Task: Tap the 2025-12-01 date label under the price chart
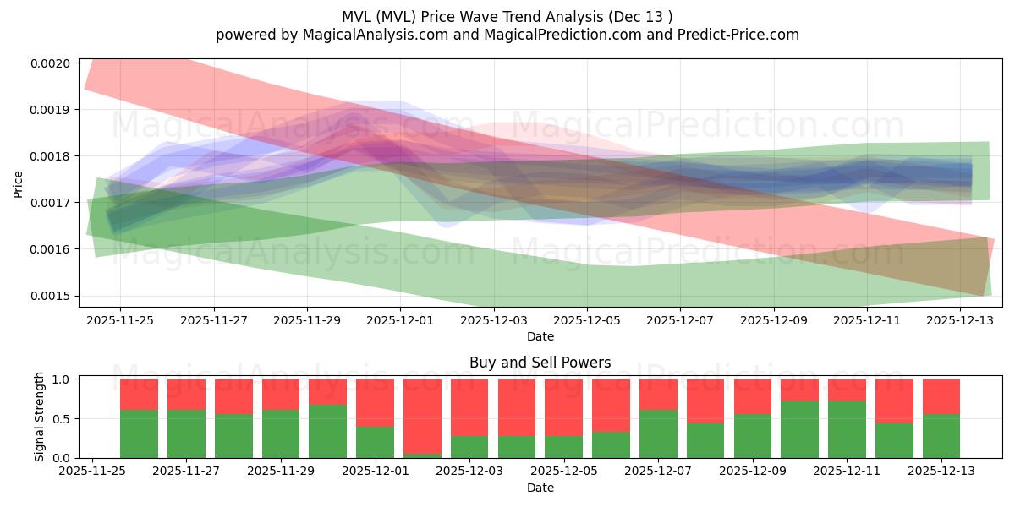click(x=400, y=320)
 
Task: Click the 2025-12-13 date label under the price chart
click(x=960, y=320)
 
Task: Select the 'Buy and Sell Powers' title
click(x=540, y=363)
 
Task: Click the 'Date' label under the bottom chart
click(x=540, y=488)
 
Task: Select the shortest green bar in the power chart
click(x=422, y=455)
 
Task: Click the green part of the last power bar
click(x=941, y=436)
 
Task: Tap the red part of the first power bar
click(x=139, y=394)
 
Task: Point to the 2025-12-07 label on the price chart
click(x=680, y=320)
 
